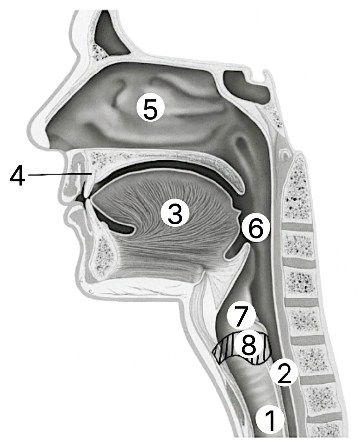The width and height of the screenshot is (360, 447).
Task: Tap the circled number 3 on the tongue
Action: [x=175, y=213]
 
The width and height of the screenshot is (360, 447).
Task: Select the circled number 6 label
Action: [x=255, y=228]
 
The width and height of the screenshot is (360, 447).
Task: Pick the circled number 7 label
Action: [x=241, y=316]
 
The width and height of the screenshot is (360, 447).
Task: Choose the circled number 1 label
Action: [x=270, y=420]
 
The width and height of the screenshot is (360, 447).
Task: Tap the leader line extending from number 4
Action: [x=60, y=174]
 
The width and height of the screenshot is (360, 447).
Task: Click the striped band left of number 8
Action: [x=224, y=348]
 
